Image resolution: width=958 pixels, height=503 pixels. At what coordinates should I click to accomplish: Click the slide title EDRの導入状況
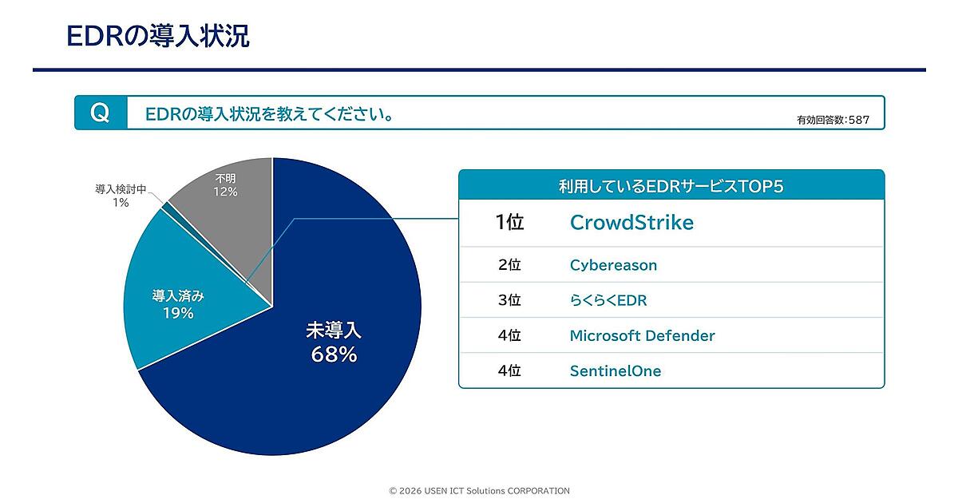[x=157, y=35]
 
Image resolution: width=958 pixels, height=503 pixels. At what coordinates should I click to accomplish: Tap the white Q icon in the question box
[x=100, y=113]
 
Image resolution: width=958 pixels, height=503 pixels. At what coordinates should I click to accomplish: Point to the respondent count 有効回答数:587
[x=833, y=121]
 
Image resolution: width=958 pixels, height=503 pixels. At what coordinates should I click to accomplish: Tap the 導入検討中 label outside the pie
[x=121, y=190]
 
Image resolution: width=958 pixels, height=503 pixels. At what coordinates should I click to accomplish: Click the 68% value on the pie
[x=334, y=355]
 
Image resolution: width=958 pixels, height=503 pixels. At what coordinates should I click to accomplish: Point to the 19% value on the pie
[x=178, y=313]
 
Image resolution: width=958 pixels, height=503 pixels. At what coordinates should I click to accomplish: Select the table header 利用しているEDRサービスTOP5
[x=671, y=185]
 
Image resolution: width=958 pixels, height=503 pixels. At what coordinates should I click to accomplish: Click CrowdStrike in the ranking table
[x=631, y=223]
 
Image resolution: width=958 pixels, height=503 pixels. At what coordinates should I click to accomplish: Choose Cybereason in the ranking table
[x=613, y=265]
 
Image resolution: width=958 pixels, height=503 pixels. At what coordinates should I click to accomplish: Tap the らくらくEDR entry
[x=608, y=301]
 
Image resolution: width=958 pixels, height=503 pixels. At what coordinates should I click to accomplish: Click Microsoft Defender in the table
[x=642, y=336]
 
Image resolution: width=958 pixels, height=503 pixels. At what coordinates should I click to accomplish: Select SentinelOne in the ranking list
[x=615, y=371]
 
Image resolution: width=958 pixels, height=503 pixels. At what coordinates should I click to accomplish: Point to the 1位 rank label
[x=509, y=223]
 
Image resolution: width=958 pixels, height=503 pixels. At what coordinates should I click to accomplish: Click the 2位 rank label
[x=509, y=265]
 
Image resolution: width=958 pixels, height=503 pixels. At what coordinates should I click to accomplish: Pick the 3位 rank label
[x=509, y=301]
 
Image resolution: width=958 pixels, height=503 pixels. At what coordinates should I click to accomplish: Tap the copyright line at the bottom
[x=479, y=491]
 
